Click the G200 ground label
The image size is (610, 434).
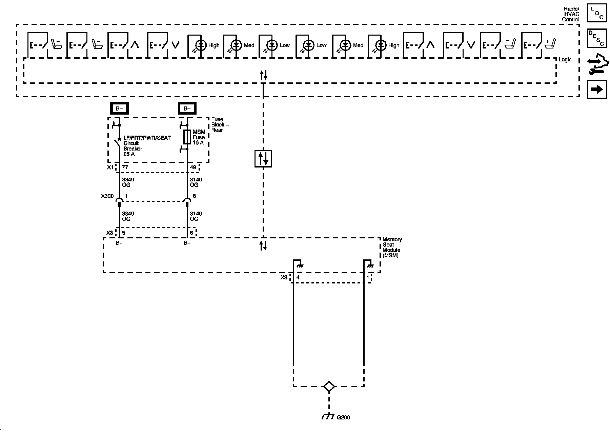click(x=343, y=417)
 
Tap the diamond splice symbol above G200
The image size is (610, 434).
click(x=329, y=387)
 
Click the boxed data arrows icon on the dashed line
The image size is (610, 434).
click(x=263, y=159)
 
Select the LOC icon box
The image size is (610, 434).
click(x=597, y=14)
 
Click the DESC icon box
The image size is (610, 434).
click(x=597, y=38)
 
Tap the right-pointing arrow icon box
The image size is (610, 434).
click(x=597, y=89)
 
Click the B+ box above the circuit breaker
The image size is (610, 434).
click(x=119, y=108)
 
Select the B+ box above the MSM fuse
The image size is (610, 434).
click(x=187, y=108)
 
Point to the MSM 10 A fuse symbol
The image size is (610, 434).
click(x=187, y=137)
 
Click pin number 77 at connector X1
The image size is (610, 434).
click(x=125, y=167)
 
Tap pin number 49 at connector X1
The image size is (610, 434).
click(x=193, y=167)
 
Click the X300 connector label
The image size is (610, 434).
click(x=107, y=196)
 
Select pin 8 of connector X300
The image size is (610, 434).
click(x=194, y=196)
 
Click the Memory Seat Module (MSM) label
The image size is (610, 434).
click(x=392, y=248)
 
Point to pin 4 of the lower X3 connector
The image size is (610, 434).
click(x=298, y=277)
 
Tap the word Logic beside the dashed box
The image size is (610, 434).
click(x=565, y=60)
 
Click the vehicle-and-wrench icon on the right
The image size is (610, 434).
click(x=597, y=64)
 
